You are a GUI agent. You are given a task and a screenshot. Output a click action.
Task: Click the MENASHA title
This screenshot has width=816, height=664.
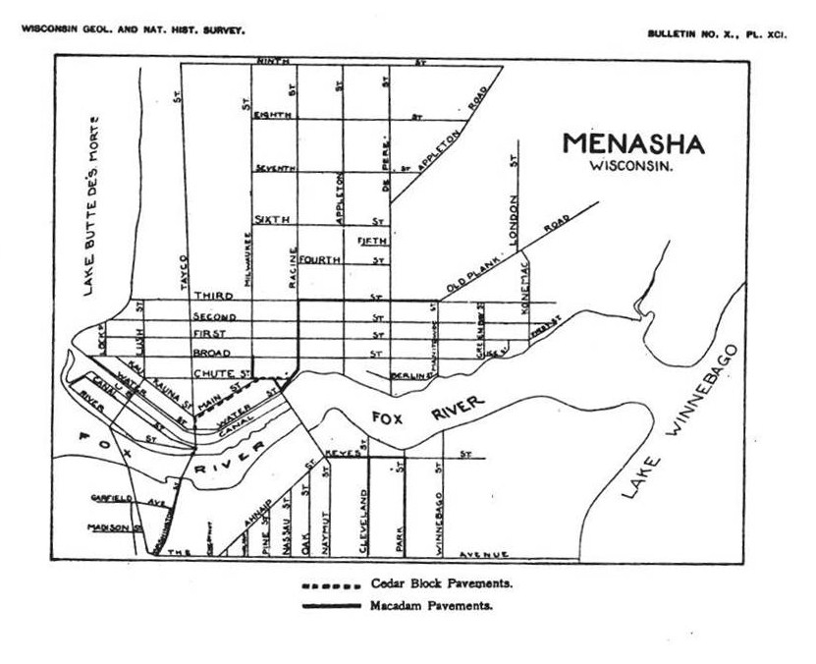pyautogui.click(x=633, y=143)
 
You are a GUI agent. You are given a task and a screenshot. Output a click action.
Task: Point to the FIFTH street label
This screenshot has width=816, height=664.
pyautogui.click(x=371, y=241)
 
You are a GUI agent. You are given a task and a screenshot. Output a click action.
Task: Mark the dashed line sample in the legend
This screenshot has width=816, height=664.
pyautogui.click(x=330, y=585)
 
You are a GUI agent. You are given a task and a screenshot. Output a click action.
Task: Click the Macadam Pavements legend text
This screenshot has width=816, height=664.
pyautogui.click(x=432, y=605)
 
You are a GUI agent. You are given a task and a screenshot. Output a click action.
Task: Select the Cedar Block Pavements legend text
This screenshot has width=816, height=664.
pyautogui.click(x=442, y=584)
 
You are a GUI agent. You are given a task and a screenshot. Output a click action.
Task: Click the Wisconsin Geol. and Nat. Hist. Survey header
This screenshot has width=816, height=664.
pyautogui.click(x=133, y=29)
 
